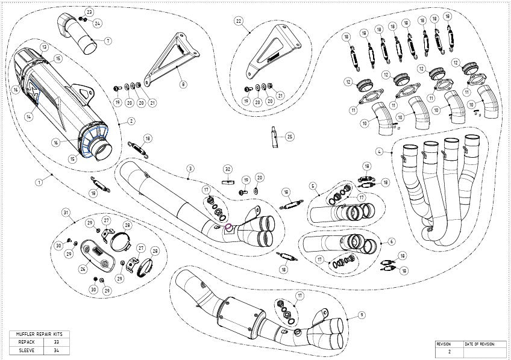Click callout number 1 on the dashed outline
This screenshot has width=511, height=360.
(x=39, y=181)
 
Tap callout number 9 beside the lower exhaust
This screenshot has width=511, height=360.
(x=361, y=314)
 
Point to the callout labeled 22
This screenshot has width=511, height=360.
(x=239, y=21)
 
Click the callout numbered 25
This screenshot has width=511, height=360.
(x=290, y=137)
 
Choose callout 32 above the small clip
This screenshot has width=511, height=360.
(x=228, y=168)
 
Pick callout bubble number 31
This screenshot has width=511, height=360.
(x=66, y=213)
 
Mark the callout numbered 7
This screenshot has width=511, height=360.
(x=108, y=40)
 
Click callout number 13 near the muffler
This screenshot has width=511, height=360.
(x=44, y=47)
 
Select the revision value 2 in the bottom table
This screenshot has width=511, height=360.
(x=449, y=351)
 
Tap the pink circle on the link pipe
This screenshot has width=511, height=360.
(x=228, y=228)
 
